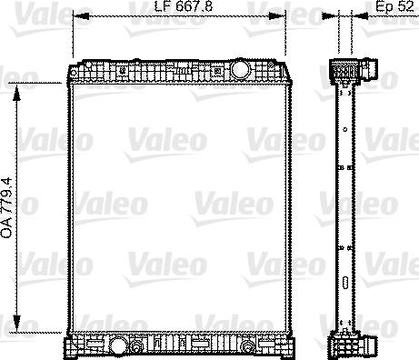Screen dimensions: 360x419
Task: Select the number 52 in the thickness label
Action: [398, 7]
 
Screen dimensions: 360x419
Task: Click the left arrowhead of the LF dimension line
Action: [76, 17]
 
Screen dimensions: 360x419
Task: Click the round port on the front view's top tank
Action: [241, 68]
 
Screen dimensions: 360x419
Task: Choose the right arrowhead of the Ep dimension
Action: [356, 17]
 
